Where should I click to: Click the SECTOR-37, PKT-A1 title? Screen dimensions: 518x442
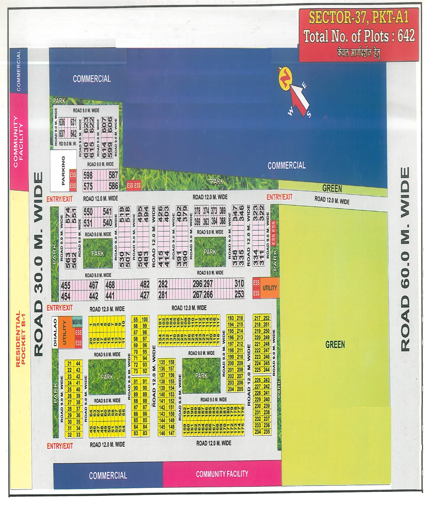[358, 17]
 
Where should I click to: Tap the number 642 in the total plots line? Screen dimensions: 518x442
[406, 35]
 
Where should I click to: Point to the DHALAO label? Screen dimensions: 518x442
[55, 332]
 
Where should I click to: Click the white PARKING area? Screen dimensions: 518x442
[63, 170]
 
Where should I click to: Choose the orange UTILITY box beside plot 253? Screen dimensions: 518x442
[270, 288]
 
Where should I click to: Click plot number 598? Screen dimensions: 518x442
[88, 175]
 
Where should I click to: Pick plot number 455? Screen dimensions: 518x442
[66, 286]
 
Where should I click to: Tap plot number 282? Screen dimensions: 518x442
[163, 284]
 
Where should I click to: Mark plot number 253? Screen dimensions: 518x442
[239, 294]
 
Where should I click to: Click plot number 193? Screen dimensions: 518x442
[231, 318]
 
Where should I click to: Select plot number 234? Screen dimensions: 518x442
[258, 432]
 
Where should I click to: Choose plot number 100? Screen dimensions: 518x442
[145, 319]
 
